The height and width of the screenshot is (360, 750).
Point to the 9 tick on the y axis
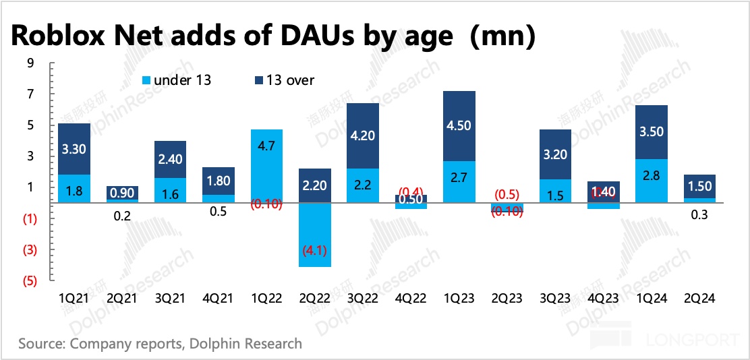[x=30, y=63]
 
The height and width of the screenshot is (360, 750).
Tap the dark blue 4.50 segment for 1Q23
[x=460, y=125]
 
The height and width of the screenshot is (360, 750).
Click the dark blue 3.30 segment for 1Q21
[x=74, y=148]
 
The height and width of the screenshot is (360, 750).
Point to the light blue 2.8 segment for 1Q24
[x=652, y=180]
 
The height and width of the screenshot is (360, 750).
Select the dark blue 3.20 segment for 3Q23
[x=556, y=154]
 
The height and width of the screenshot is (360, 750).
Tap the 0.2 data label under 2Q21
[x=123, y=215]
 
